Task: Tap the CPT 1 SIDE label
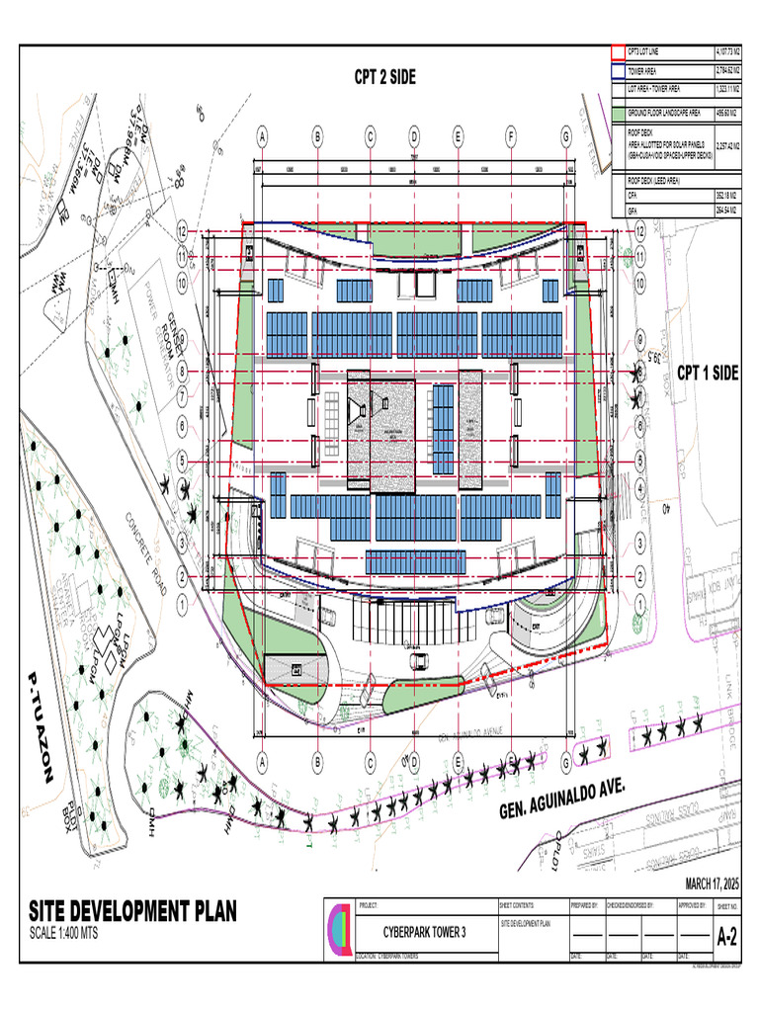707,373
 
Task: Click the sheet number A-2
726,935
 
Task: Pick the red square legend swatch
618,51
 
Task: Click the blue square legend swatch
618,71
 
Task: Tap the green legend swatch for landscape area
618,114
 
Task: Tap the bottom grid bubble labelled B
318,762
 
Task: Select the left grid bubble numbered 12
183,230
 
